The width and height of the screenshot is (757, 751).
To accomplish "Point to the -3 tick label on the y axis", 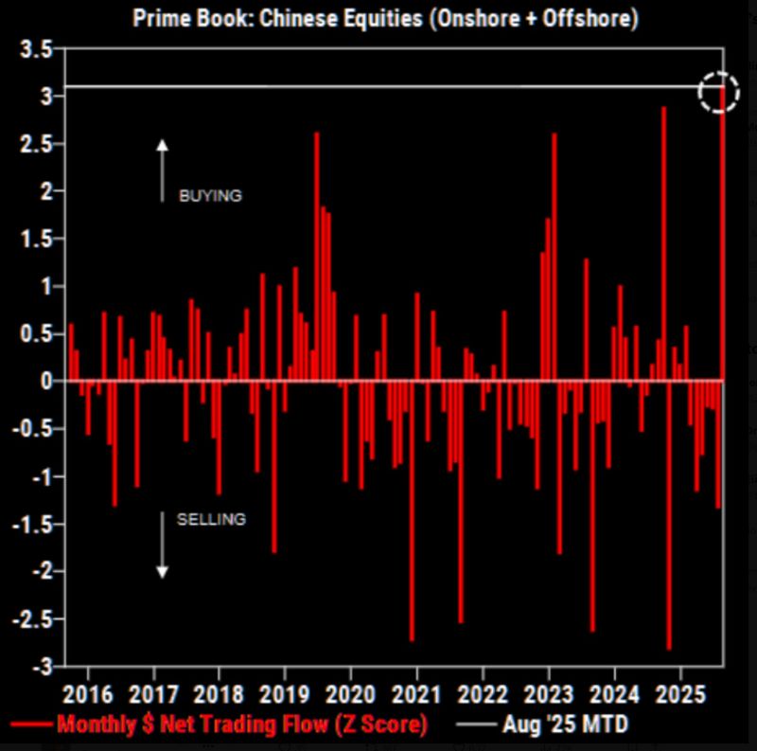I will pyautogui.click(x=39, y=666).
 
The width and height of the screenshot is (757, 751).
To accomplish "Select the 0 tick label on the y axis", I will pyautogui.click(x=44, y=381).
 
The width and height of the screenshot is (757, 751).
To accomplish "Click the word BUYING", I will pyautogui.click(x=210, y=196).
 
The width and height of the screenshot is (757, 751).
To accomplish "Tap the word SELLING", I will pyautogui.click(x=210, y=519).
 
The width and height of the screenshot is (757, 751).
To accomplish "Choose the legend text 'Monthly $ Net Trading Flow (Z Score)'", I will pyautogui.click(x=241, y=725).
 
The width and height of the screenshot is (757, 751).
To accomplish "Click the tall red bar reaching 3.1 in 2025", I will pyautogui.click(x=723, y=237).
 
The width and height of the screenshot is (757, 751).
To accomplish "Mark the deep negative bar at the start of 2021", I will pyautogui.click(x=412, y=511).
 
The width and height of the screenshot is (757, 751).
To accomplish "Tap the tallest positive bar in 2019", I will pyautogui.click(x=317, y=256).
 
